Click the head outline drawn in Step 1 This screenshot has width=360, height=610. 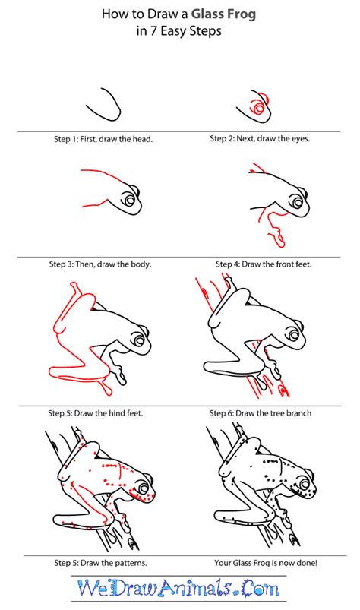107,103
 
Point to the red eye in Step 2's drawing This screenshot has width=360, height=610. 260,109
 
